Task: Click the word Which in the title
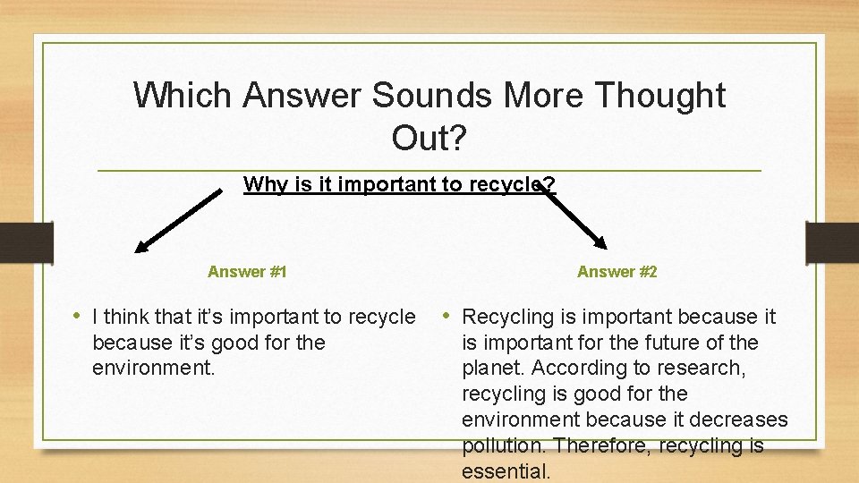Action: pyautogui.click(x=183, y=95)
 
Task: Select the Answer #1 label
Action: pyautogui.click(x=247, y=271)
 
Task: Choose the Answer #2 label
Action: pyautogui.click(x=617, y=271)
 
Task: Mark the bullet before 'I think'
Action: pyautogui.click(x=80, y=316)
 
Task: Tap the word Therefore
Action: pyautogui.click(x=605, y=445)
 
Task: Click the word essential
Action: pyautogui.click(x=506, y=470)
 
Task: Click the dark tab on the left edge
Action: pyautogui.click(x=25, y=242)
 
